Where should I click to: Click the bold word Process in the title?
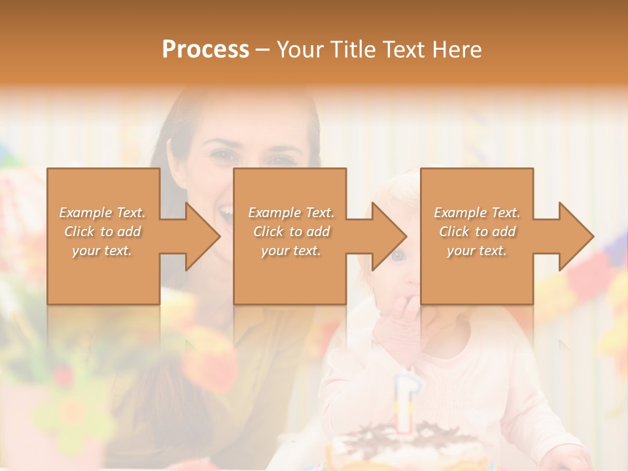coord(205,49)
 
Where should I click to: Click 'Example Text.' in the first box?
coord(103,213)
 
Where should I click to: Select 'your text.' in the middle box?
coord(291,251)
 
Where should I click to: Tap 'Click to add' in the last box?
coord(477,232)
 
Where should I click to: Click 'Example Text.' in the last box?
coord(477,213)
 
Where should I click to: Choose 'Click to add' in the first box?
coord(103,232)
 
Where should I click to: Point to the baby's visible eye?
coord(397,255)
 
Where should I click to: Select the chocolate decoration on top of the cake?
coord(406,434)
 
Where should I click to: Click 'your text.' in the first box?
coord(103,251)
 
